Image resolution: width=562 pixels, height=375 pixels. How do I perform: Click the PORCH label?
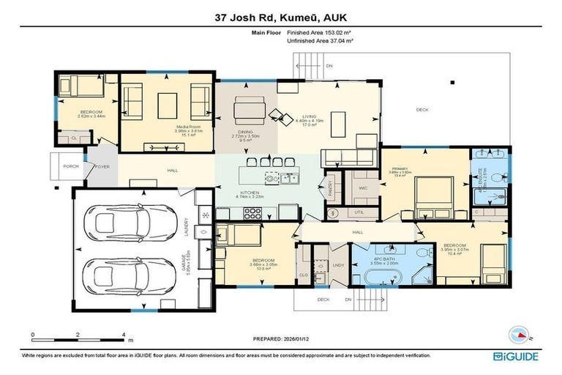71,166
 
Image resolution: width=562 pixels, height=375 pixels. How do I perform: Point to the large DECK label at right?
421,111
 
